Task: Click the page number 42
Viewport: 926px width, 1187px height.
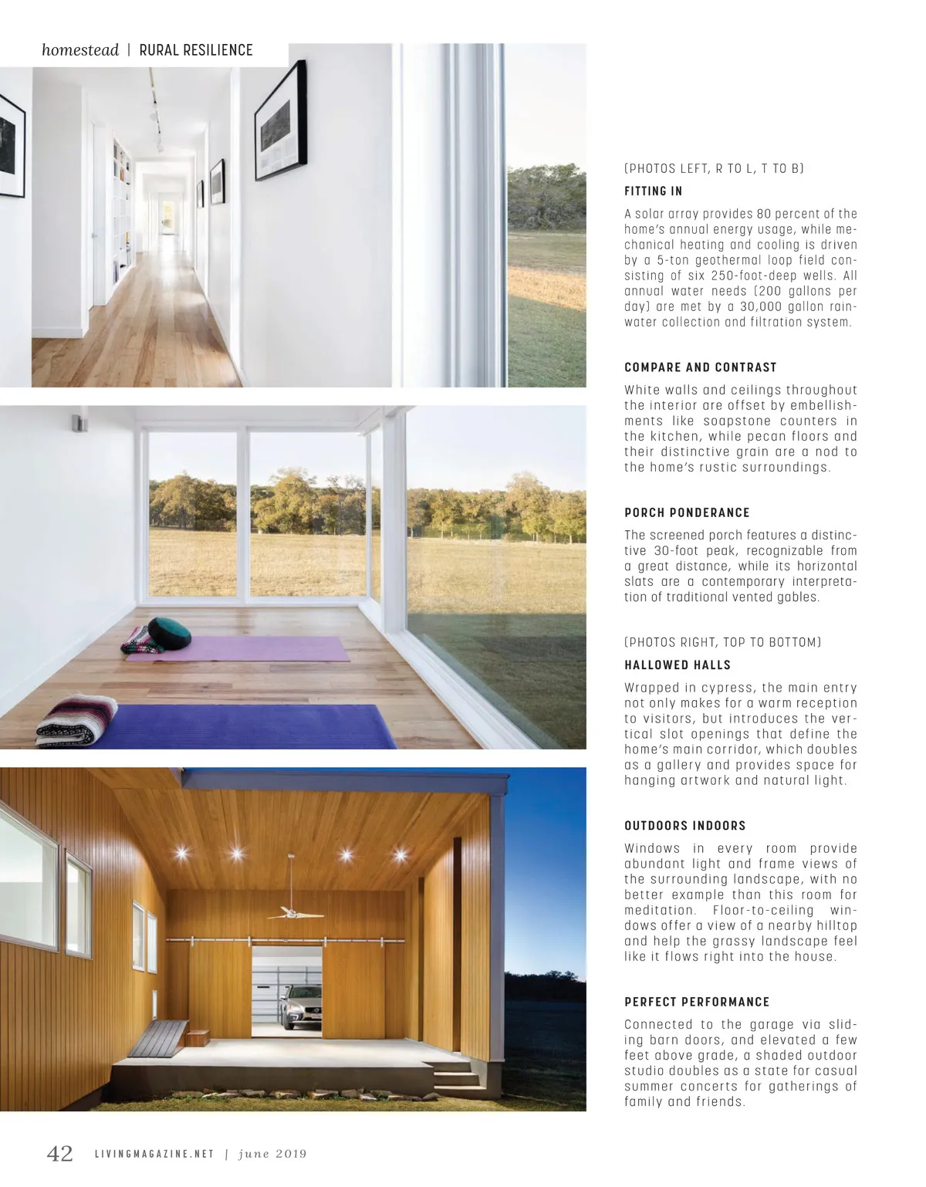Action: (x=60, y=1153)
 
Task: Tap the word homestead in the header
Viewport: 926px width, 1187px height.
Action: (x=80, y=50)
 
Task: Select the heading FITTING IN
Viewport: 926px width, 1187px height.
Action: (x=653, y=191)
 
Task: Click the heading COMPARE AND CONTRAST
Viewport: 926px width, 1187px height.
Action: (x=700, y=367)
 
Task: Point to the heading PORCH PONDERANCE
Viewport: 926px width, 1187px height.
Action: (x=687, y=512)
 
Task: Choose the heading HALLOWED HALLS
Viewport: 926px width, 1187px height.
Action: (x=677, y=665)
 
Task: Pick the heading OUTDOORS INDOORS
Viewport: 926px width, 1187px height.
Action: (x=684, y=825)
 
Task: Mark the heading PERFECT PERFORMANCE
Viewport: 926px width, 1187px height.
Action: (x=696, y=1002)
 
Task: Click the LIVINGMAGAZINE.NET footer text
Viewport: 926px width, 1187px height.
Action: (x=154, y=1155)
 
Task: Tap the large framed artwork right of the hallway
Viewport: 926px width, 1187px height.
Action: (x=280, y=122)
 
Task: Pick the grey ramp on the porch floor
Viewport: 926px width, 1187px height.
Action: (x=158, y=1038)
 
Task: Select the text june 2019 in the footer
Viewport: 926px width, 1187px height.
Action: (x=272, y=1155)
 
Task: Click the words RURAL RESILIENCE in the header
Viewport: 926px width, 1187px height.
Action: (x=196, y=50)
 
